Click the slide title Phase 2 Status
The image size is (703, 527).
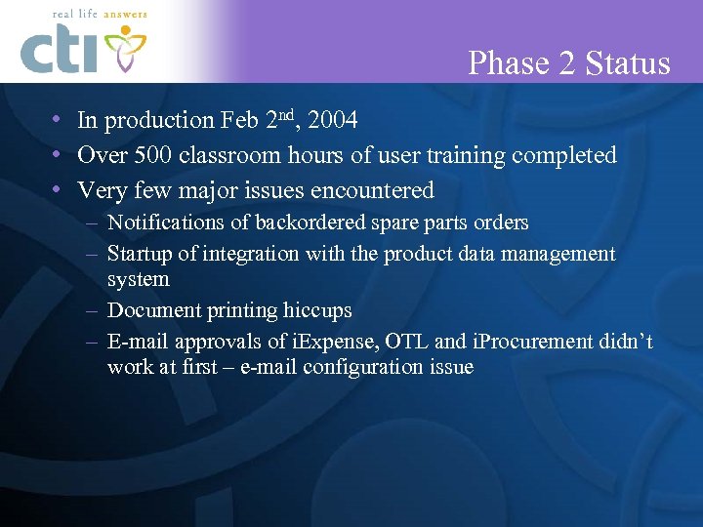(569, 63)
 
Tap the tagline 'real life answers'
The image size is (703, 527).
(85, 15)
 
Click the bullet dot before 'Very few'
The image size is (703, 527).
(59, 189)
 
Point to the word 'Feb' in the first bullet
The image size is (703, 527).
(240, 121)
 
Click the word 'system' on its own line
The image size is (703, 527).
(138, 279)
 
